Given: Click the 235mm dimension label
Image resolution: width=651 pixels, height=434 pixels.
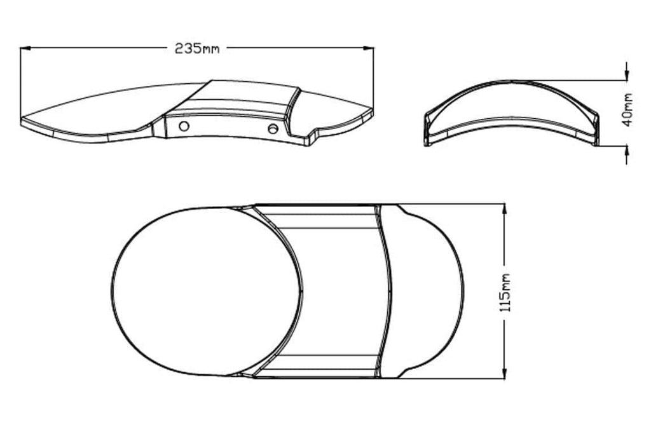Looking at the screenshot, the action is [x=197, y=48].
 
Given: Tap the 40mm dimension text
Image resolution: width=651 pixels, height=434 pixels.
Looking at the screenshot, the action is [x=627, y=110].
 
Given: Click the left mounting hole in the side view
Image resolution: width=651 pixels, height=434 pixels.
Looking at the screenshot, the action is [x=184, y=126].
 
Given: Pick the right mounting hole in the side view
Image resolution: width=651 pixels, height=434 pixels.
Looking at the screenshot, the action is [x=273, y=128].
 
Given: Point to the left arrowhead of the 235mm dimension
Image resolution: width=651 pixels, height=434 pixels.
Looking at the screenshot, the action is [x=25, y=48].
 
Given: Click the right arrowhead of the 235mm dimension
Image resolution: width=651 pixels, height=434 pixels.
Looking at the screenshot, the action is [x=368, y=48].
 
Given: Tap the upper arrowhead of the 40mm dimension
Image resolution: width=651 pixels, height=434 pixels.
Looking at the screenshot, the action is [x=626, y=74].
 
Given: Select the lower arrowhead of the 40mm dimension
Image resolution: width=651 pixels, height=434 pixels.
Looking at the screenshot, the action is [x=626, y=151].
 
